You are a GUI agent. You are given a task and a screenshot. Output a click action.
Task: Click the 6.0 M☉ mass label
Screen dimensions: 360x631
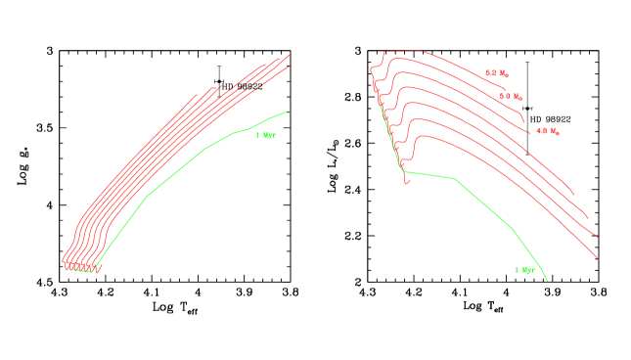point(496,73)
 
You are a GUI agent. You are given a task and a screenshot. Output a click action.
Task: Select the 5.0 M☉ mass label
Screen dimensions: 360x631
point(511,97)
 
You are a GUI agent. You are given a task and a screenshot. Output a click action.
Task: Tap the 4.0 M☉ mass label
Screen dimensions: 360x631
point(547,131)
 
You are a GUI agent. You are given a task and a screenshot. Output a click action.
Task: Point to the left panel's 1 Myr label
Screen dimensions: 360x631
point(265,135)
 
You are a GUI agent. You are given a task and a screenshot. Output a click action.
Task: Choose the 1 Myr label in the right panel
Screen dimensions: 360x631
point(524,269)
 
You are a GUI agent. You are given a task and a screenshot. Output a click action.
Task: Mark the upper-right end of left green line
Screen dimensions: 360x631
point(290,111)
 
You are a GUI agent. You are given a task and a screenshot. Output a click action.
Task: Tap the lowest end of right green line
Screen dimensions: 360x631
point(547,281)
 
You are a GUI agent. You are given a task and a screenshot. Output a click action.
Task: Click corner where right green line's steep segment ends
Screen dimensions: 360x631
point(404,173)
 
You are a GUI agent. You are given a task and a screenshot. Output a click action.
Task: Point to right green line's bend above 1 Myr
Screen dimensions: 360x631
point(512,227)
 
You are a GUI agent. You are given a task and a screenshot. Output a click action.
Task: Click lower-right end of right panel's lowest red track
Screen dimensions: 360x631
point(597,258)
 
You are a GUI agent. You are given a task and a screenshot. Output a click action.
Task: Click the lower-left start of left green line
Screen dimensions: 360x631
point(95,272)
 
